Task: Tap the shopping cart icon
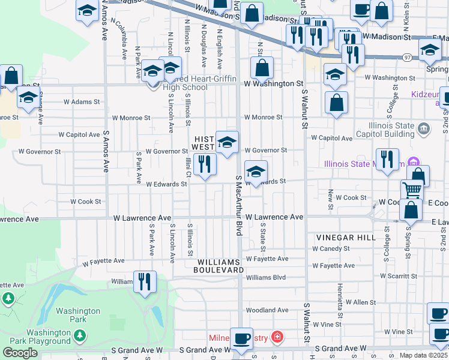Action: [x=412, y=190]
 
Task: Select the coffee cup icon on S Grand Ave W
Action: [x=242, y=339]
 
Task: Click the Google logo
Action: [x=20, y=353]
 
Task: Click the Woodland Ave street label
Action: [x=267, y=310]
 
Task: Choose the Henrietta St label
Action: [x=339, y=301]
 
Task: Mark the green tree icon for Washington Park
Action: [x=8, y=298]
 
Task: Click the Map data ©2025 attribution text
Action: [x=423, y=355]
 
